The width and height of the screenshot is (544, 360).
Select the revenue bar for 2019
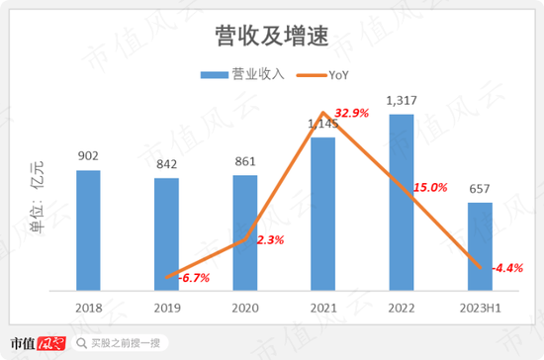[167, 234]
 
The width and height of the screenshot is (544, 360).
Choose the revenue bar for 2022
[401, 203]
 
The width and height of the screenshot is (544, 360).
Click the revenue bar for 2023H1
[479, 246]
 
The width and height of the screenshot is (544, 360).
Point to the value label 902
[88, 156]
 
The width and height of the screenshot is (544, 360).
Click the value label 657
[480, 188]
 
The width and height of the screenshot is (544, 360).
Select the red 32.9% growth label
[350, 114]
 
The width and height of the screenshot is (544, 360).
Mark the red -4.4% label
[506, 268]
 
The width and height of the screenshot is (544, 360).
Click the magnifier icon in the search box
[82, 343]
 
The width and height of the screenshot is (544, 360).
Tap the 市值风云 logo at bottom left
[36, 343]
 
